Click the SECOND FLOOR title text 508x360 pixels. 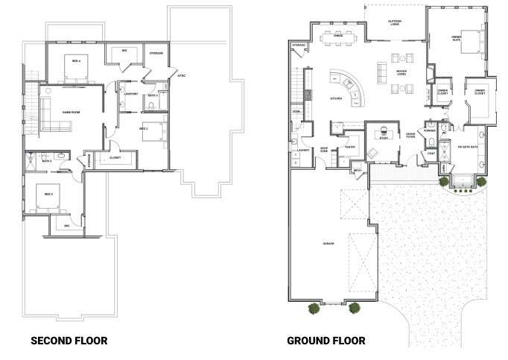coord(69,341)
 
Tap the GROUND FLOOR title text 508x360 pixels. coord(326,341)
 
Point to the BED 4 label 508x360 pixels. coord(76,60)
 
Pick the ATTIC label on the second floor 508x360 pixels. coord(182,75)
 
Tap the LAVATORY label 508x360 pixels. coord(131,94)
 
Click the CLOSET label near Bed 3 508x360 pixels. coord(115,158)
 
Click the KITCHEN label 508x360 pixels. coord(336,99)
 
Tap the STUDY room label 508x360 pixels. coord(384,138)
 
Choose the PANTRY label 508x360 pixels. coord(348,148)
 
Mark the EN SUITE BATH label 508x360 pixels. coord(469,148)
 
